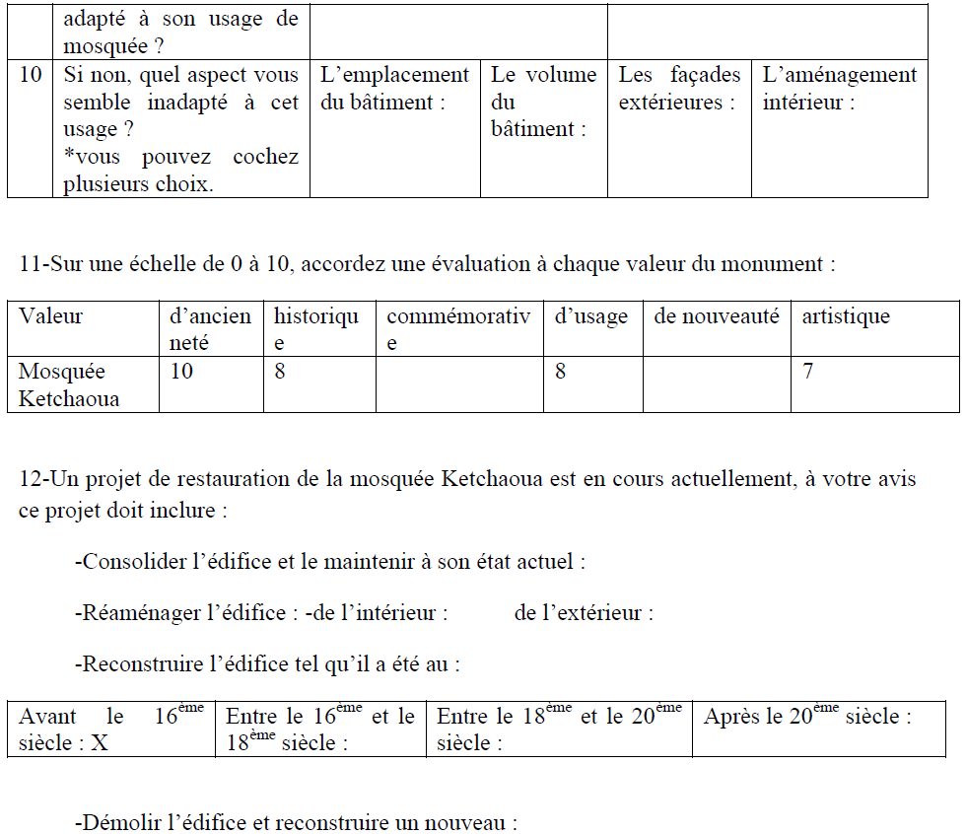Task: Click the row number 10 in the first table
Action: point(31,76)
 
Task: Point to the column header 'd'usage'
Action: point(590,316)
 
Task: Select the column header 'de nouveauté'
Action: point(716,316)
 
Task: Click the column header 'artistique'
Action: point(845,316)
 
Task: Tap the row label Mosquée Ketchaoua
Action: point(69,384)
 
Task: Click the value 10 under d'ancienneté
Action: point(182,372)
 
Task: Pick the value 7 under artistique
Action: point(808,372)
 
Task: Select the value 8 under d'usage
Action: point(561,372)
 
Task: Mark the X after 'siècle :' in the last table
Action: point(100,743)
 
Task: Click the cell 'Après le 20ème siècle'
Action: point(807,717)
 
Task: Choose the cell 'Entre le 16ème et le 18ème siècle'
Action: point(320,730)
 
